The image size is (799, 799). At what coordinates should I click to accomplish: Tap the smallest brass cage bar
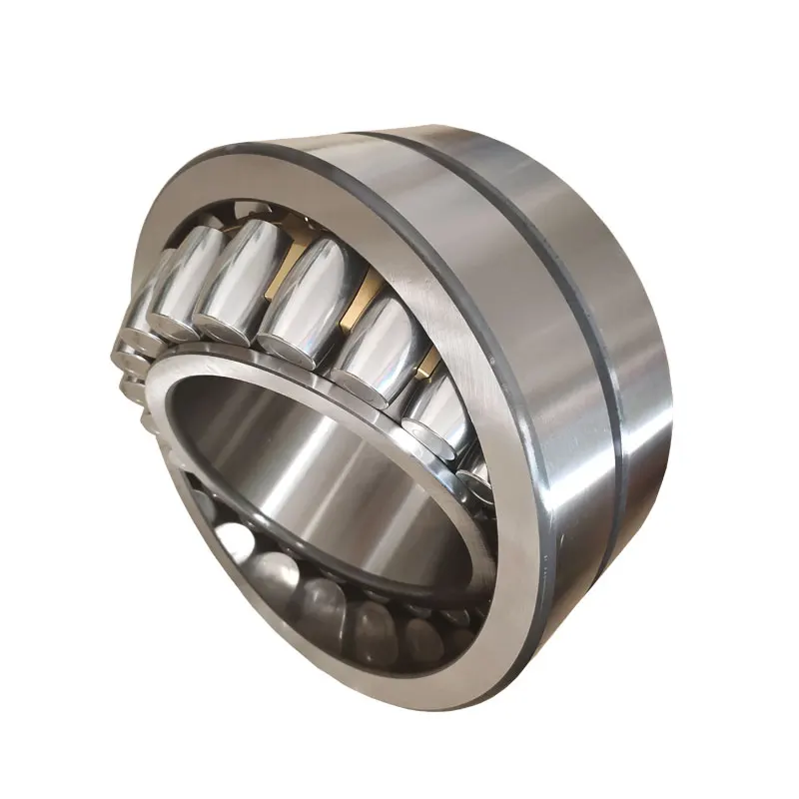point(427,362)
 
